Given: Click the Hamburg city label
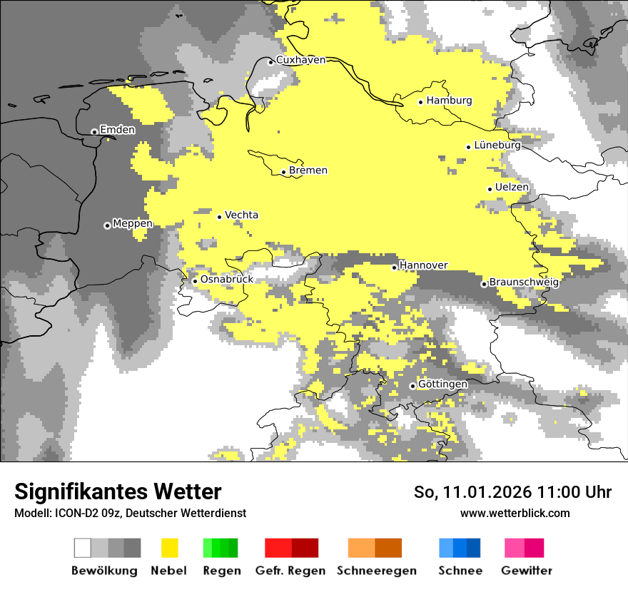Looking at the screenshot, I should tap(450, 101).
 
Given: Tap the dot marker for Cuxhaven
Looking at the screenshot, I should tap(270, 62).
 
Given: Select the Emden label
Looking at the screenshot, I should tap(117, 130).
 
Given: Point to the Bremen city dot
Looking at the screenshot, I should tap(283, 172).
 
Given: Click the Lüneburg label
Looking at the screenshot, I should tap(497, 145).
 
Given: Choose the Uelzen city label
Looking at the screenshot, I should tap(512, 188).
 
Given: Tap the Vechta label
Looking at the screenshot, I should tap(241, 215).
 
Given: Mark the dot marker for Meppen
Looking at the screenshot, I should tap(107, 225).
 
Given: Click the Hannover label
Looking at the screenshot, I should tap(424, 265).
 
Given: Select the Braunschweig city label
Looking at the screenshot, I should tap(524, 282).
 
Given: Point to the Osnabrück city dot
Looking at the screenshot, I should tap(195, 281).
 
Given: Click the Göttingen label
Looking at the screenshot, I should tap(442, 384).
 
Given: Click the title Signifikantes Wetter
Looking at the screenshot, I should tap(118, 491).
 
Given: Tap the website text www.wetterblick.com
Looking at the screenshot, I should tap(515, 514).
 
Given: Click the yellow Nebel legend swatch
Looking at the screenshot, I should tap(169, 548).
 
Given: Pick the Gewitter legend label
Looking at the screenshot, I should tap(526, 571).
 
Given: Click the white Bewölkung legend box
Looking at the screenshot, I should tap(83, 548).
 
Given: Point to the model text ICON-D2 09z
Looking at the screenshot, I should tap(84, 514).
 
